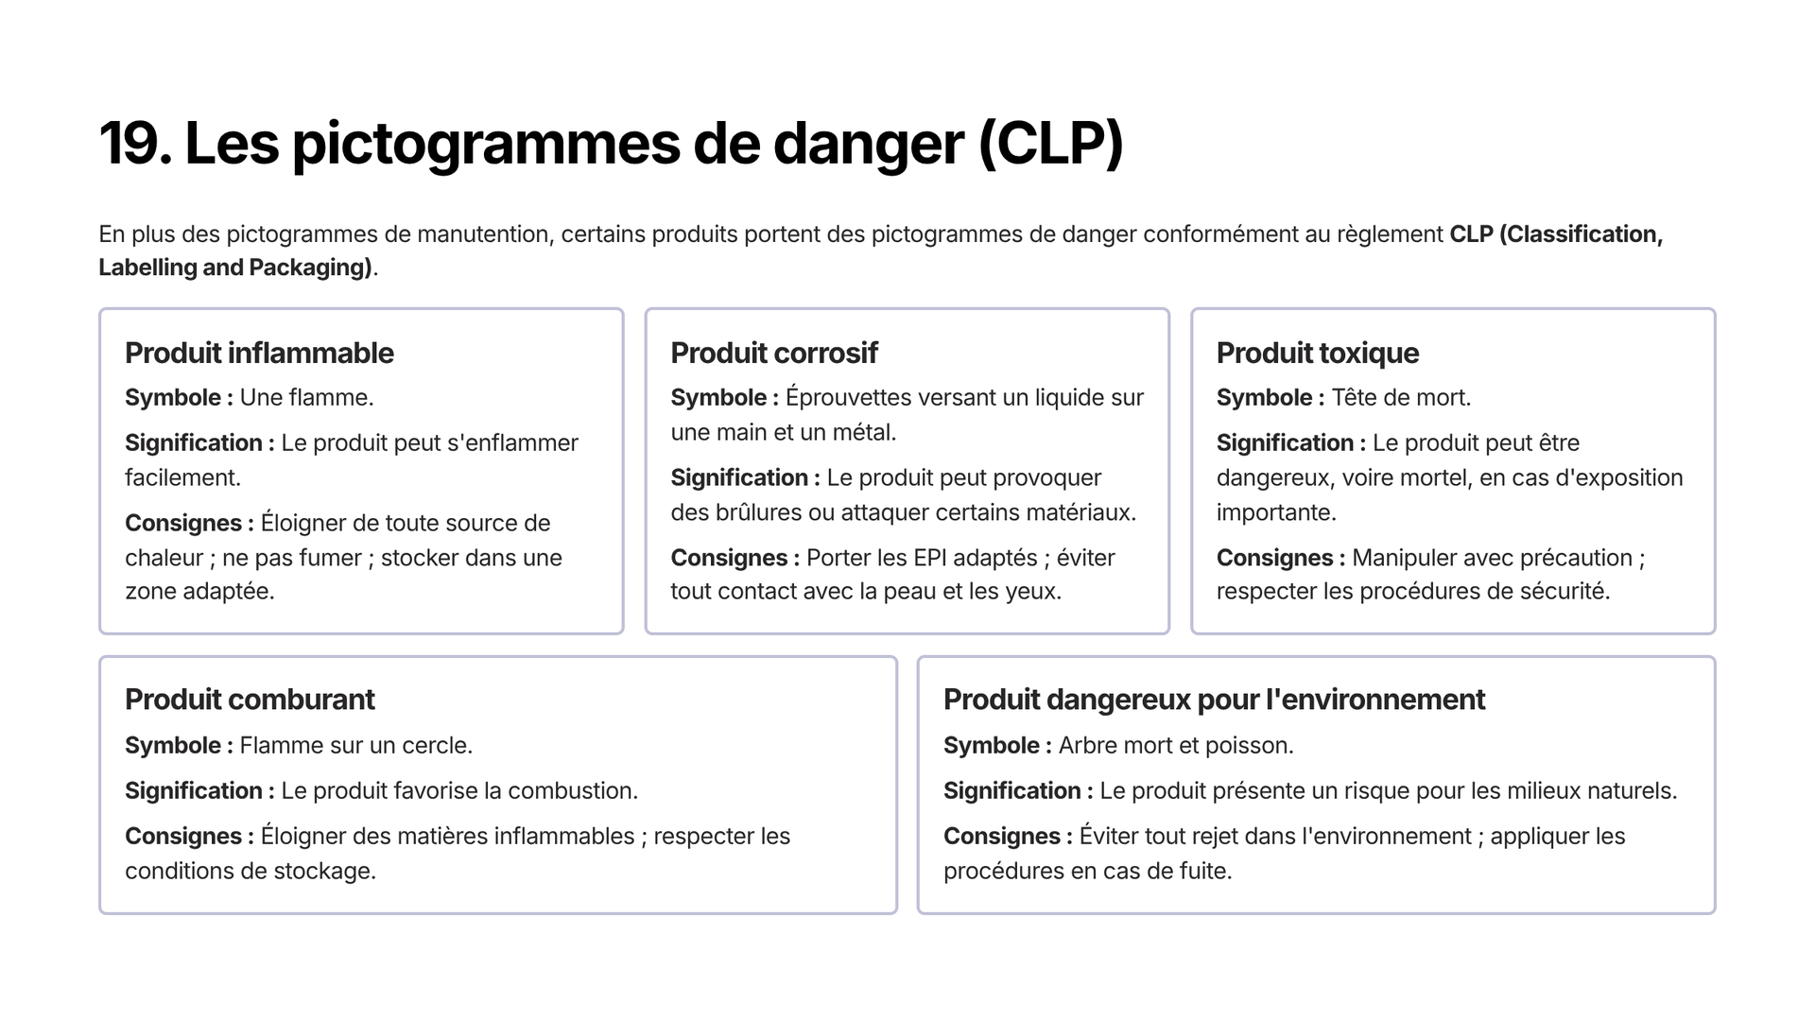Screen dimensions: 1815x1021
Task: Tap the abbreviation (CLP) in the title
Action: point(1050,145)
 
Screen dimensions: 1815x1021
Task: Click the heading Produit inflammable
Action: point(259,353)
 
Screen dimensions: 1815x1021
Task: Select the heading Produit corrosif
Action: point(774,353)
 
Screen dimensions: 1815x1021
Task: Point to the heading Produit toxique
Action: point(1318,354)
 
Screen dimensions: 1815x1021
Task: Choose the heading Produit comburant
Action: point(250,700)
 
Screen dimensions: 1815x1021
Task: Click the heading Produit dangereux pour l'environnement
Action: point(1214,700)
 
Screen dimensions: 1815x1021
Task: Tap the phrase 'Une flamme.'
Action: point(307,398)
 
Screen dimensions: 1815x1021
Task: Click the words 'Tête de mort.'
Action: point(1401,398)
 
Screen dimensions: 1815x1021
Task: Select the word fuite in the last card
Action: point(1203,871)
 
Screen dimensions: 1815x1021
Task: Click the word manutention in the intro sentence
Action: point(484,234)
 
